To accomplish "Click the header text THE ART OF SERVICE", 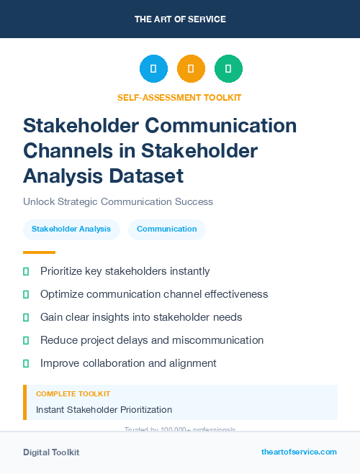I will coord(180,19).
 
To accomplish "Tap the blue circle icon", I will coord(153,69).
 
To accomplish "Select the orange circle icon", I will coord(191,69).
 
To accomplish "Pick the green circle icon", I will coord(228,69).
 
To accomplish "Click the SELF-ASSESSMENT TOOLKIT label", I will coord(179,97).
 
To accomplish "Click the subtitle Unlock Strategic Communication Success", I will coord(118,201).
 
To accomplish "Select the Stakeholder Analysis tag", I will coord(71,229).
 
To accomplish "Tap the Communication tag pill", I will coord(166,229).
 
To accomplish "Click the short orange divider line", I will coord(39,252).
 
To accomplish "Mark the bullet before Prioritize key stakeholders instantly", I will coord(26,271).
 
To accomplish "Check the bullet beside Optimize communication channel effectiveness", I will coord(26,294).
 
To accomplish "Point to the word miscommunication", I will coord(224,340).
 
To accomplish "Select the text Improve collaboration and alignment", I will coord(128,363).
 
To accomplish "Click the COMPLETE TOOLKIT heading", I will coord(73,394).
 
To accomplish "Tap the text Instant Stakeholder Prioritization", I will coord(104,410).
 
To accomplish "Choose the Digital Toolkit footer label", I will coord(51,452).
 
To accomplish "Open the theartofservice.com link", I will coord(299,452).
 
